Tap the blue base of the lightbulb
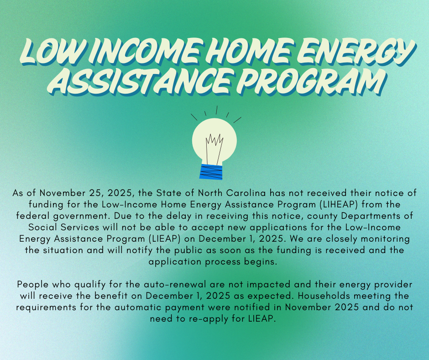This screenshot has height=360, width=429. pos(211,171)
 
